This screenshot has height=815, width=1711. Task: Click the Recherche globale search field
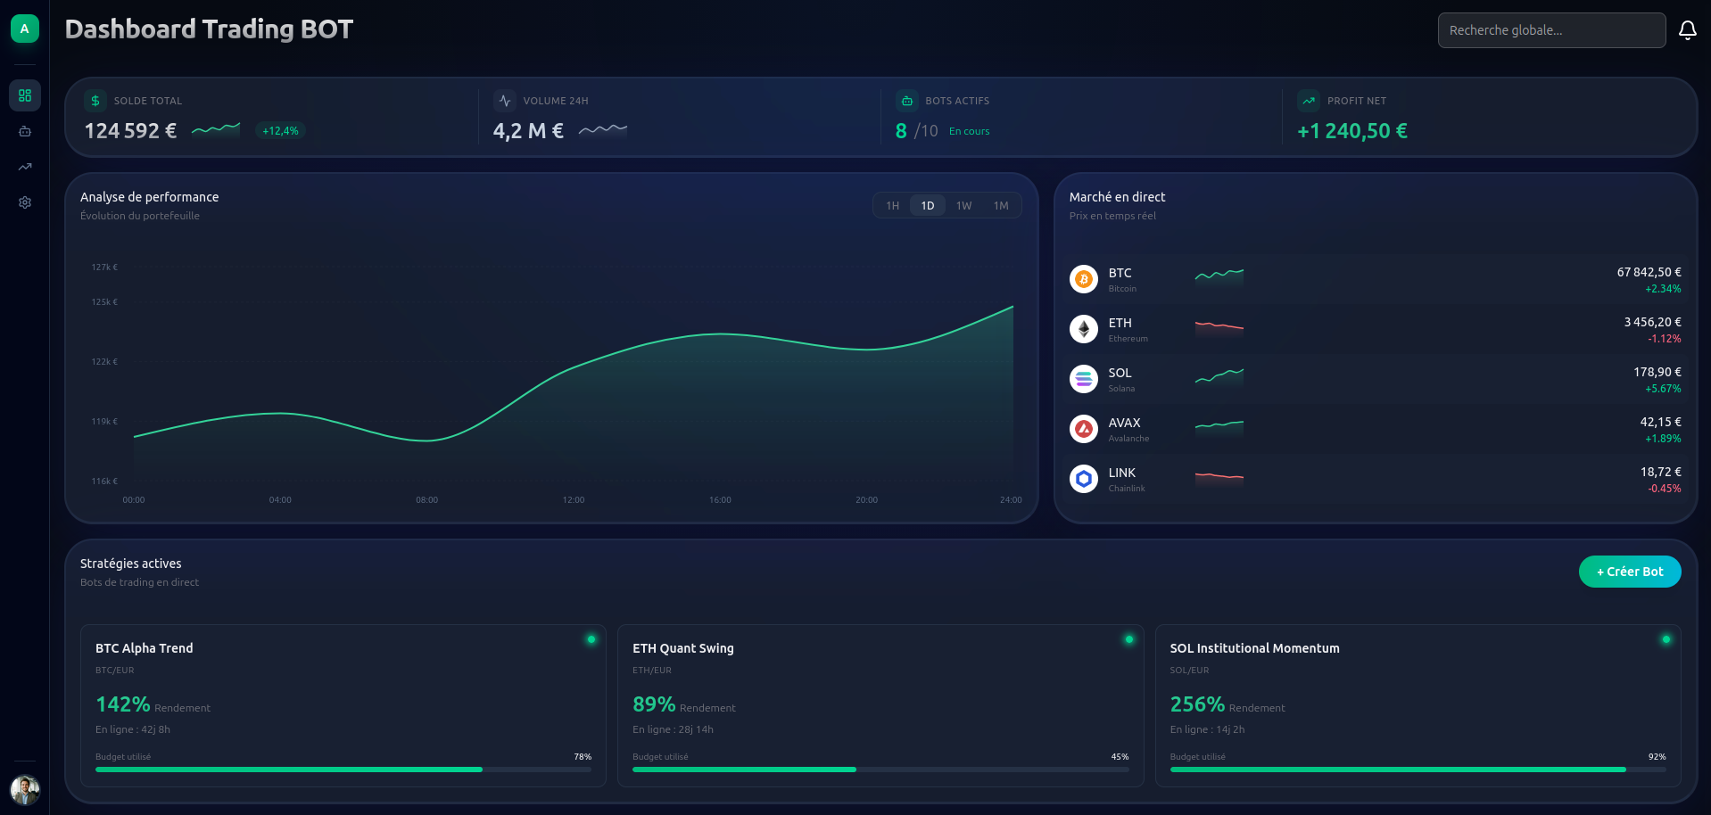pyautogui.click(x=1550, y=30)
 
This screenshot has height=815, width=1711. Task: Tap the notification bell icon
pyautogui.click(x=1687, y=30)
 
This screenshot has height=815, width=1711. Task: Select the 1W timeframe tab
pyautogui.click(x=963, y=206)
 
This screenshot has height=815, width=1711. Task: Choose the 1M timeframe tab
pyautogui.click(x=1001, y=206)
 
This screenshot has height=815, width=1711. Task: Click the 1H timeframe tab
pyautogui.click(x=892, y=206)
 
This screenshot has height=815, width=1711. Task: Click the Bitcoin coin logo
pyautogui.click(x=1083, y=279)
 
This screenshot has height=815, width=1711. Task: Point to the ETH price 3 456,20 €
pyautogui.click(x=1652, y=322)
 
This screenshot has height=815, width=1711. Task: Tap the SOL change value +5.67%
pyautogui.click(x=1663, y=389)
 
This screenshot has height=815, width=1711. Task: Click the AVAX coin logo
pyautogui.click(x=1083, y=429)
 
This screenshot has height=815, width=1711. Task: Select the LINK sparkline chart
pyautogui.click(x=1219, y=477)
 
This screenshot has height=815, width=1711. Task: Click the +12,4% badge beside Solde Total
pyautogui.click(x=280, y=131)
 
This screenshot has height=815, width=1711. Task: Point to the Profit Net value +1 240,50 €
pyautogui.click(x=1351, y=131)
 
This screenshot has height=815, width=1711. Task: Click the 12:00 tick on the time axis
pyautogui.click(x=574, y=500)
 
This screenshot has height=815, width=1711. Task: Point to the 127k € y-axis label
pyautogui.click(x=104, y=268)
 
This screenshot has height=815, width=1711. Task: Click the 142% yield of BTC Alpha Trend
pyautogui.click(x=123, y=704)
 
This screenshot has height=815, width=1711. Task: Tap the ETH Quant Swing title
pyautogui.click(x=682, y=648)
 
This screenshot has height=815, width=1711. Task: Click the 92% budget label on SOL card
pyautogui.click(x=1657, y=757)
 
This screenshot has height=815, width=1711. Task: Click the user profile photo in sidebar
pyautogui.click(x=25, y=789)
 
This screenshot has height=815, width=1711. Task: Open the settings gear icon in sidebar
pyautogui.click(x=25, y=202)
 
